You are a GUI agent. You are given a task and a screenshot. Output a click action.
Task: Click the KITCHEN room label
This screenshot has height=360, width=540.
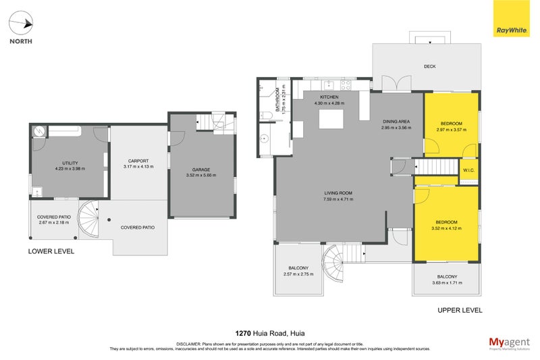pyautogui.click(x=329, y=97)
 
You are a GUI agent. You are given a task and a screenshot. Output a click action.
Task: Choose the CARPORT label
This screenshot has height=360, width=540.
pyautogui.click(x=138, y=161)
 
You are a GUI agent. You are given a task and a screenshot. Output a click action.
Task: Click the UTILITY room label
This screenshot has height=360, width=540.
pyautogui.click(x=70, y=163)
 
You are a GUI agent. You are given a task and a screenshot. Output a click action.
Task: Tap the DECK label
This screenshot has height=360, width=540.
pyautogui.click(x=429, y=66)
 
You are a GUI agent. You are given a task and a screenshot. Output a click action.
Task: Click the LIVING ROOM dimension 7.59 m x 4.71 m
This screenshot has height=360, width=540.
pyautogui.click(x=339, y=199)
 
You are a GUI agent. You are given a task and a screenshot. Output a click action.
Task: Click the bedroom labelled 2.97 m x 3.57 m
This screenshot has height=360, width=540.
pyautogui.click(x=451, y=128)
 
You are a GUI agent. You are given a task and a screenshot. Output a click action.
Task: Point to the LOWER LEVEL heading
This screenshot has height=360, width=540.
pyautogui.click(x=51, y=251)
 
